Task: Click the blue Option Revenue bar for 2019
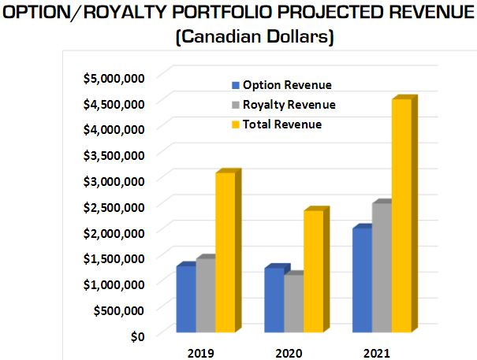[x=186, y=299]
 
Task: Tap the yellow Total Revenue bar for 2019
[x=225, y=252]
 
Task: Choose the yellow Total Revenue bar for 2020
[x=313, y=272]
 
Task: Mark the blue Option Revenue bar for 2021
[x=363, y=280]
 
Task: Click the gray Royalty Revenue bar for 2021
[x=382, y=268]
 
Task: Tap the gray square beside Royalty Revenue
[x=234, y=105]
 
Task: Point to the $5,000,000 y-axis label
[x=113, y=77]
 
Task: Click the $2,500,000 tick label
[x=113, y=206]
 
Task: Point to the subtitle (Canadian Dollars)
[x=238, y=36]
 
